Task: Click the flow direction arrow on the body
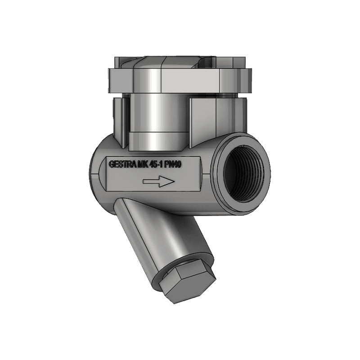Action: pyautogui.click(x=157, y=181)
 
